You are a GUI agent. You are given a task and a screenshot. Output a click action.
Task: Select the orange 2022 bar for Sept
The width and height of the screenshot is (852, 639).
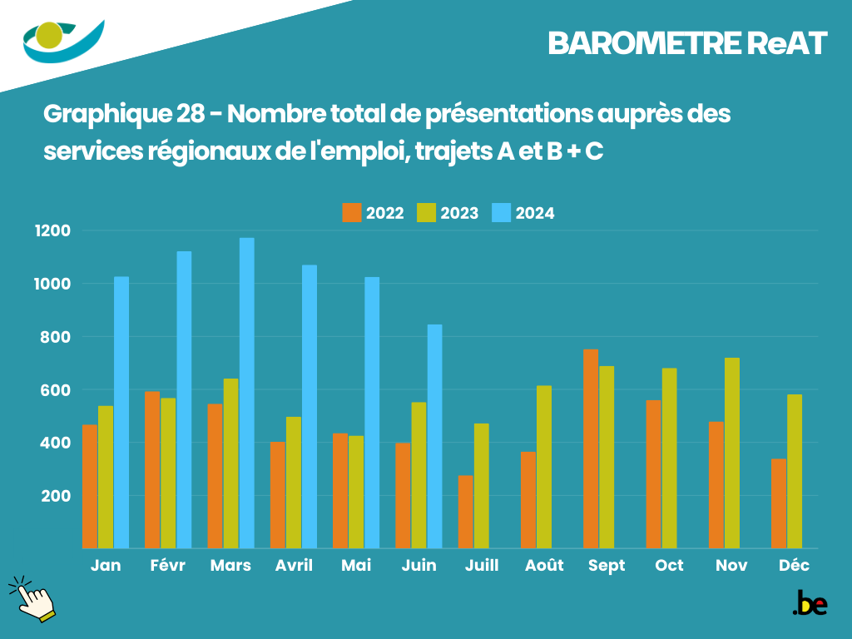point(591,448)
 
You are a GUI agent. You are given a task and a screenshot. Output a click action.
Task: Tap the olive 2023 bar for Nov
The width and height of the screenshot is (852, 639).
point(732,453)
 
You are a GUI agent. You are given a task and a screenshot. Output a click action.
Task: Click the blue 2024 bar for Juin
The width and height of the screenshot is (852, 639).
point(434,436)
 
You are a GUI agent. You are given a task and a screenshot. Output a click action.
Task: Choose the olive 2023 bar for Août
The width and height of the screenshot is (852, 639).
point(544,467)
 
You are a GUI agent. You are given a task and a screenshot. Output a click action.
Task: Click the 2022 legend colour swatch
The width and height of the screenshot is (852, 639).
point(352,213)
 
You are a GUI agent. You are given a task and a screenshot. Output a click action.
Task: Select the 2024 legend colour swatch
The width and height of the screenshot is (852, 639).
point(502,213)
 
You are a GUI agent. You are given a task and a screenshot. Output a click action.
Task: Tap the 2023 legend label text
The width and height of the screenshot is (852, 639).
point(459,214)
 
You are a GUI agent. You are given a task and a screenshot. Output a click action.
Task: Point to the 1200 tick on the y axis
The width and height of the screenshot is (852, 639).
point(52,230)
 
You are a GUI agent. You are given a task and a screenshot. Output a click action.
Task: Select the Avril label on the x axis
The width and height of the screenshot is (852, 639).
point(294,566)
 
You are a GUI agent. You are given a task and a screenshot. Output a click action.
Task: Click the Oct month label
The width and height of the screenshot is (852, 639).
point(669,566)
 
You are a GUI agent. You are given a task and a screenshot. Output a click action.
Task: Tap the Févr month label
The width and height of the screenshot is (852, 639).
point(168,566)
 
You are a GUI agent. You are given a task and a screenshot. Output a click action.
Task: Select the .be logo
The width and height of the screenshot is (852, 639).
point(810,603)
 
